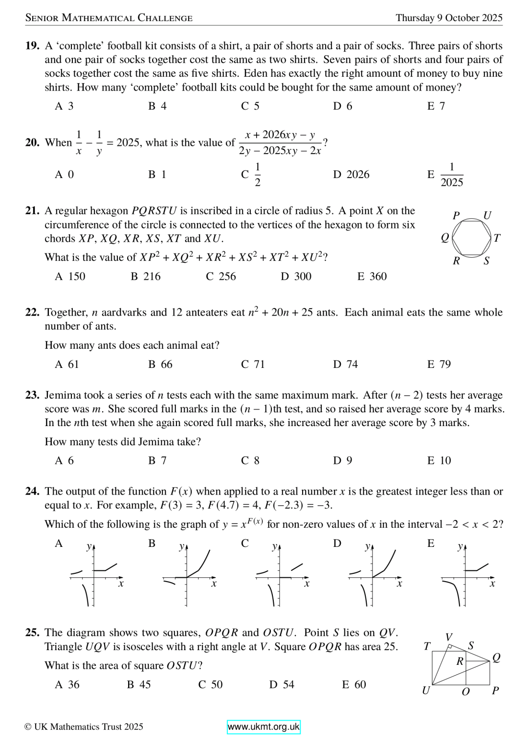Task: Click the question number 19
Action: (32, 46)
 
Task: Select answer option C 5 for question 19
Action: (250, 106)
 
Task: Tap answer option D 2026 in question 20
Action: (352, 175)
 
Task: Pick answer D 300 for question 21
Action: (296, 276)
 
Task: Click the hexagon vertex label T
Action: (497, 238)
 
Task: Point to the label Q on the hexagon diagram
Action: (445, 238)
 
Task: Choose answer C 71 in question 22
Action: (253, 364)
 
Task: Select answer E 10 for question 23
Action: (439, 461)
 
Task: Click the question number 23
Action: (32, 395)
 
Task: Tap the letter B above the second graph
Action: (152, 543)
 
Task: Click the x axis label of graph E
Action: (492, 584)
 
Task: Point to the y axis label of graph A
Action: (89, 546)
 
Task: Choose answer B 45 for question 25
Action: (139, 685)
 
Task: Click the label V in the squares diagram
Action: (449, 637)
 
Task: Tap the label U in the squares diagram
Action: (426, 691)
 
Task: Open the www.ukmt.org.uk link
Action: (264, 727)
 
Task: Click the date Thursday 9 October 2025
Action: (449, 18)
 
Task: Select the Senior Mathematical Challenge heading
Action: (109, 18)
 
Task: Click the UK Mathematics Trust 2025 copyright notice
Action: (84, 727)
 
